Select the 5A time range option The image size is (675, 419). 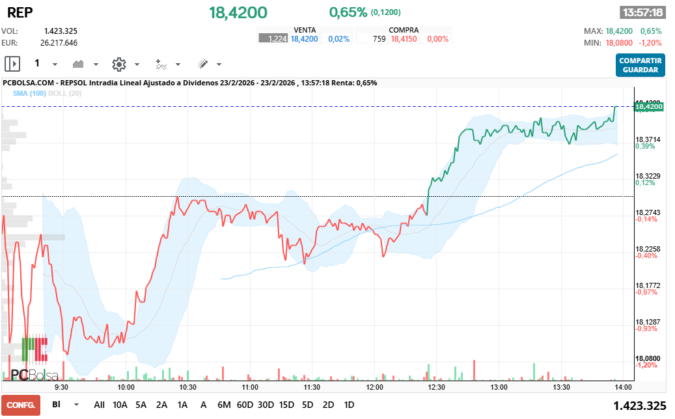tap(141, 405)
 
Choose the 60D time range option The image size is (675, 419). tap(245, 405)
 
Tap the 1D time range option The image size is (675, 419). tap(349, 405)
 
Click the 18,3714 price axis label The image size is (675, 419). tap(648, 139)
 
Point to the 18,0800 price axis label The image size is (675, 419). tap(648, 358)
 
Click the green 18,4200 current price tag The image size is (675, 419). tap(648, 106)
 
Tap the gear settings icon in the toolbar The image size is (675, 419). tap(118, 64)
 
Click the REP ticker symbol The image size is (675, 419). tap(20, 12)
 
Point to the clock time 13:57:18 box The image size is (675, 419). tap(642, 12)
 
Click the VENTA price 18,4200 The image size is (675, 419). tap(304, 39)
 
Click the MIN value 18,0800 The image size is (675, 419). tap(618, 42)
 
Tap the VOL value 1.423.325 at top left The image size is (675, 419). tap(61, 31)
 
